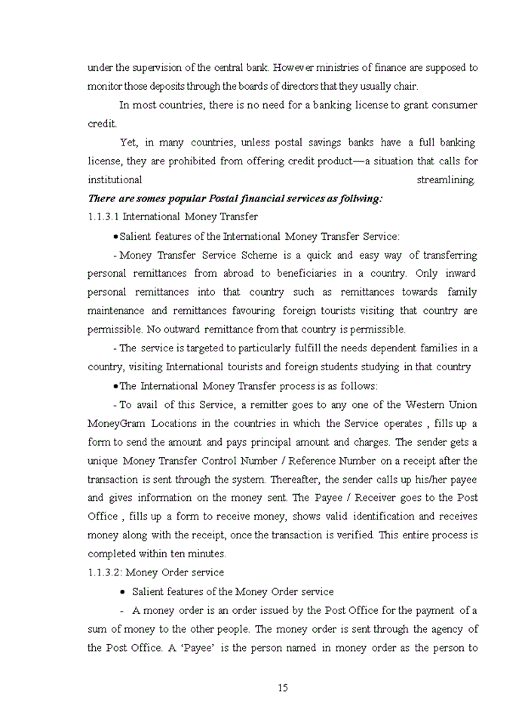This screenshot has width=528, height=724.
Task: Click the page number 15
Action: (283, 687)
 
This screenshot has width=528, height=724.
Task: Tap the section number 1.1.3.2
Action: (105, 572)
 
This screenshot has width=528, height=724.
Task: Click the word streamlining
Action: (446, 180)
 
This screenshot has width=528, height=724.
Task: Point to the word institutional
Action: (115, 180)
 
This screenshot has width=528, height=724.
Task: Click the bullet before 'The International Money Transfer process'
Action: (115, 386)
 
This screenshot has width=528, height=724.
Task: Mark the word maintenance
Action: (116, 311)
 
